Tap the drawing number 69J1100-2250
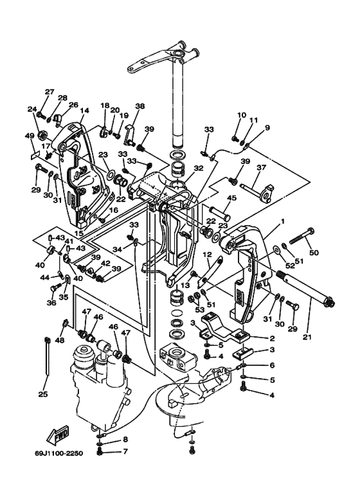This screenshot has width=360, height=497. (59, 453)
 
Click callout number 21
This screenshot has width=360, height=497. (307, 337)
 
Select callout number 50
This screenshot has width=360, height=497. (314, 253)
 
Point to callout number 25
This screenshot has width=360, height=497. (43, 394)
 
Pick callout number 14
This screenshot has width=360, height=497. (85, 111)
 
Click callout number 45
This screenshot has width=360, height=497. (231, 198)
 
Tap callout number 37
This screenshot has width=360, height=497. (262, 167)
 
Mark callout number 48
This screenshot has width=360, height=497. (60, 340)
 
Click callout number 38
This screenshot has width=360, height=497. (139, 106)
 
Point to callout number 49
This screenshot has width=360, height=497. (30, 136)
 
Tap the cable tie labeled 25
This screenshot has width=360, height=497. (48, 357)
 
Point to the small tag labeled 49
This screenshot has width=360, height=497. (35, 156)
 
